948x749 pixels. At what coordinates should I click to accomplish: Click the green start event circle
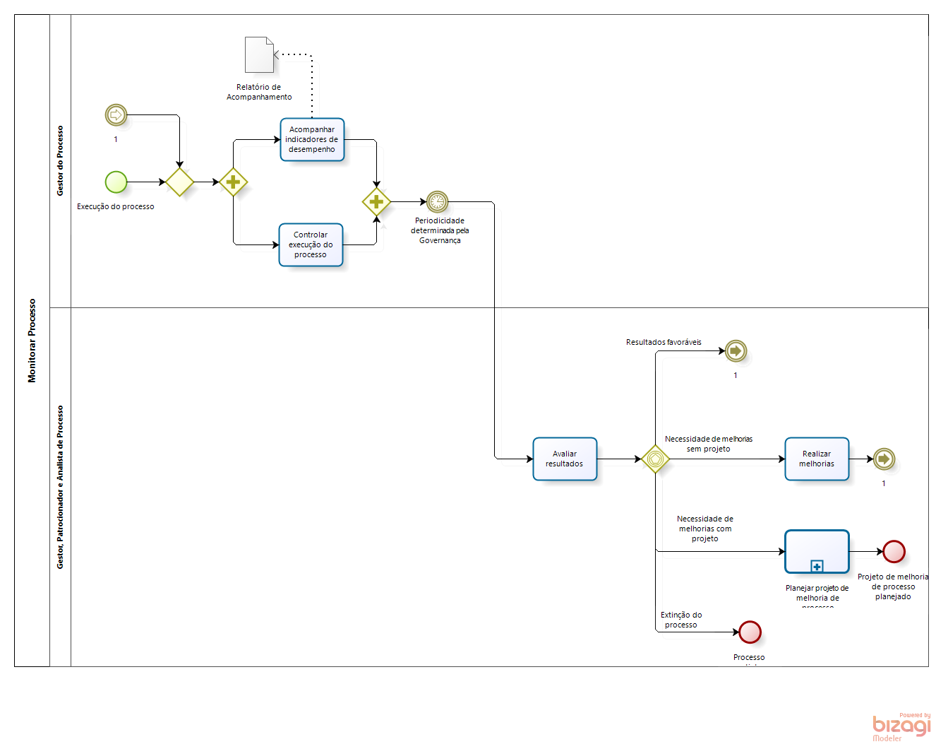tap(116, 182)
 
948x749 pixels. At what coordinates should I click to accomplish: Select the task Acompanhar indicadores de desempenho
tap(312, 140)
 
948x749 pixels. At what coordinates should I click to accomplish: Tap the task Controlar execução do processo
tap(311, 245)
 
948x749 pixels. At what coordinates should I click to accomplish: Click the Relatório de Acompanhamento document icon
tap(259, 55)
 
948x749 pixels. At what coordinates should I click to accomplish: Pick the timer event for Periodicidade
tap(437, 202)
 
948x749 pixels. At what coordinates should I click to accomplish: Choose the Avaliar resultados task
tap(565, 459)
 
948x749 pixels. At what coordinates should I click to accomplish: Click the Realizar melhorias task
tap(817, 459)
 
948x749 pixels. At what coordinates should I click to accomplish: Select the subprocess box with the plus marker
tap(817, 552)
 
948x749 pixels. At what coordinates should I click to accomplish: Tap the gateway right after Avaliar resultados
tap(655, 459)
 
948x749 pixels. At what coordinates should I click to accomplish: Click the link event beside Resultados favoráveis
tap(736, 351)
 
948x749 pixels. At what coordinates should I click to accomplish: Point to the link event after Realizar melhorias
tap(884, 459)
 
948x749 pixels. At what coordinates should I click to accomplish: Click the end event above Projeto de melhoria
tap(894, 552)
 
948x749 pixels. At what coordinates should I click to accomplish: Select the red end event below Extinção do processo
tap(750, 632)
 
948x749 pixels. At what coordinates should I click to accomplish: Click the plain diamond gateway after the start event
tap(179, 182)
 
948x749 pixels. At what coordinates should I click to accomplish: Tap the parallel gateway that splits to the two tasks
tap(233, 182)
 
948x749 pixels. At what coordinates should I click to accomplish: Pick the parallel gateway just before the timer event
tap(376, 202)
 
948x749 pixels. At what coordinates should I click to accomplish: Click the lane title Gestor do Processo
tap(60, 161)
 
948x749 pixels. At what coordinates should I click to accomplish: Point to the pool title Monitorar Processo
tap(32, 341)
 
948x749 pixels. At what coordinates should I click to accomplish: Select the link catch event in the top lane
tap(116, 114)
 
